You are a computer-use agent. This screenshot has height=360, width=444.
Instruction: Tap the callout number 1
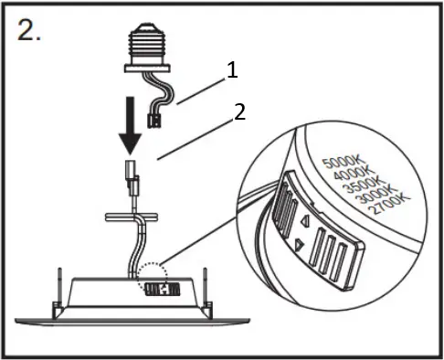(x=232, y=69)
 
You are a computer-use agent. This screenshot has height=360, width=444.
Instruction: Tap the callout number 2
(x=239, y=112)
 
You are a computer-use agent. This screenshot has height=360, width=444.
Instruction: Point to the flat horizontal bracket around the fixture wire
(x=132, y=217)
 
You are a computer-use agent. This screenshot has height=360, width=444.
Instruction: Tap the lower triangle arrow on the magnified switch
(x=299, y=245)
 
